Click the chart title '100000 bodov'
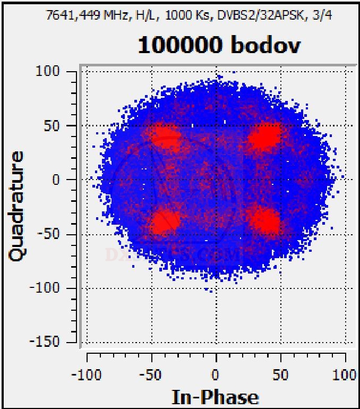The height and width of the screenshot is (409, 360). (219, 46)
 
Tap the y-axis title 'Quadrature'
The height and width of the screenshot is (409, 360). (16, 206)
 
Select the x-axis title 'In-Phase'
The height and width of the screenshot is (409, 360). (215, 397)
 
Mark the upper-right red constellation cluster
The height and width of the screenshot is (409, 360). (264, 137)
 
